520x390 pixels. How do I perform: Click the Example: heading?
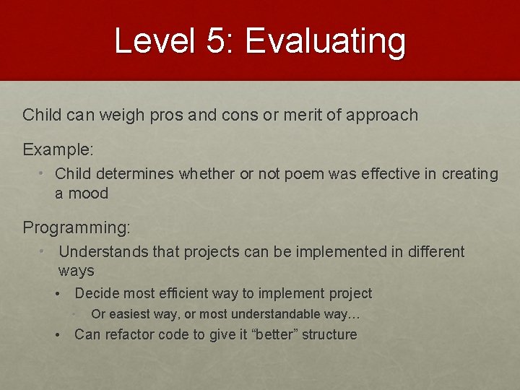pos(58,149)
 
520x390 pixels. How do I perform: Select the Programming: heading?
pos(77,227)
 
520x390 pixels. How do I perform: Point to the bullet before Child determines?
pos(43,174)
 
